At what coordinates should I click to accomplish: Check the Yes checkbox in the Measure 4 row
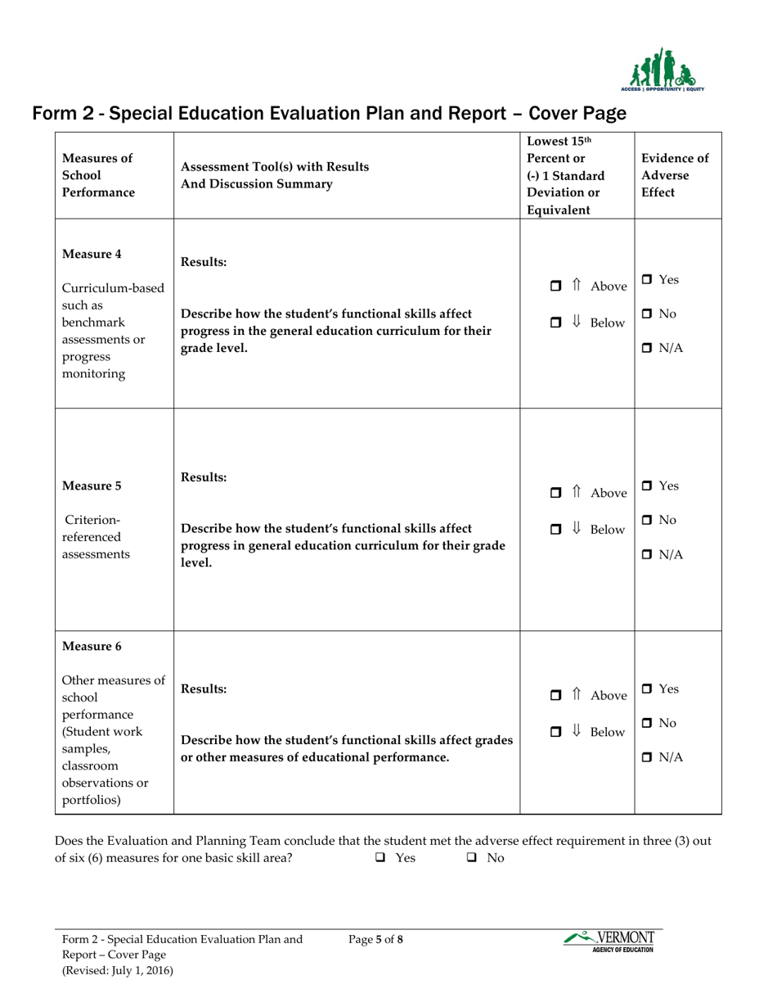click(645, 281)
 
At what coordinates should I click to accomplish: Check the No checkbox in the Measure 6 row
click(645, 724)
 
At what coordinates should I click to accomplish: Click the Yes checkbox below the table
click(380, 858)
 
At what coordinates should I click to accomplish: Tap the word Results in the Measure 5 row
click(204, 477)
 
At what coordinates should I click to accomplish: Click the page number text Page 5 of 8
click(375, 939)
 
